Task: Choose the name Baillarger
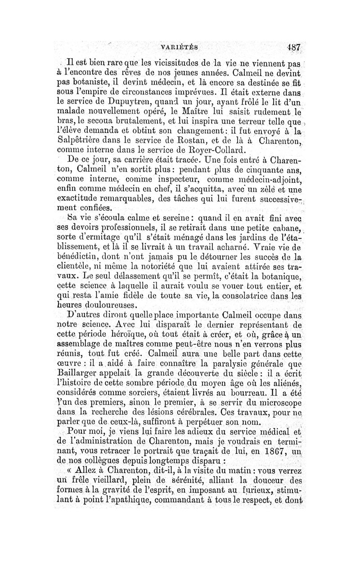tap(81, 373)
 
